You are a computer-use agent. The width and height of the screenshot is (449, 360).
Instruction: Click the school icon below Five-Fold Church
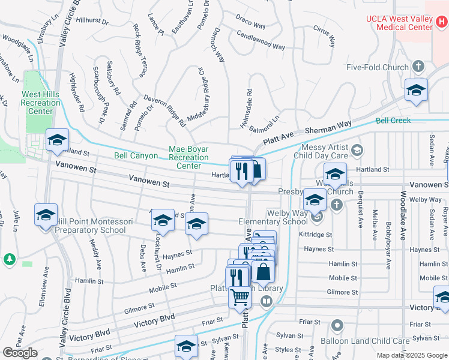(416, 91)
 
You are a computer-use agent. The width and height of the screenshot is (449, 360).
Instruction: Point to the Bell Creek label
(393, 121)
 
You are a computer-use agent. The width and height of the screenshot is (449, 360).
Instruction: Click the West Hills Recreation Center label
(41, 103)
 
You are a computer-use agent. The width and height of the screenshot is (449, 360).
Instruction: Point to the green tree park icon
(9, 259)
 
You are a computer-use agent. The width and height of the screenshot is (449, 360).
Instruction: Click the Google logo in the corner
(20, 353)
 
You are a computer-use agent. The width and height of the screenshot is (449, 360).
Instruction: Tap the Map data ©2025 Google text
(412, 355)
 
